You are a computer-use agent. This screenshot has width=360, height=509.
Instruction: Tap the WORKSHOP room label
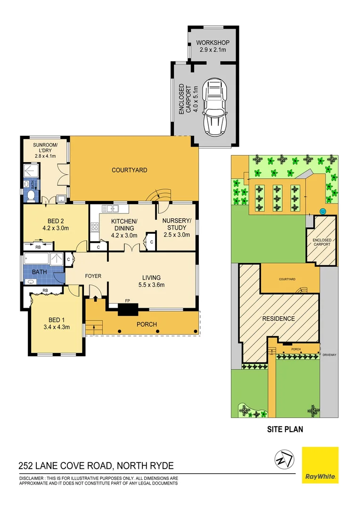tap(213, 43)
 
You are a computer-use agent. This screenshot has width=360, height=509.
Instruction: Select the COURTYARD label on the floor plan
tap(130, 170)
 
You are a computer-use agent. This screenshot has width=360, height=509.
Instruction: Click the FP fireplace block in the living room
tap(127, 309)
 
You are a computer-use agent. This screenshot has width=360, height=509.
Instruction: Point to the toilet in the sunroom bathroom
tap(32, 196)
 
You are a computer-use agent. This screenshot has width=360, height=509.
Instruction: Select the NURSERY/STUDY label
tap(177, 224)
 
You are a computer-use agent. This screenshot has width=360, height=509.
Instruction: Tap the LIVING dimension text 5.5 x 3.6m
tap(151, 285)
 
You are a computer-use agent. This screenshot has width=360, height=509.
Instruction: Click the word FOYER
tap(93, 276)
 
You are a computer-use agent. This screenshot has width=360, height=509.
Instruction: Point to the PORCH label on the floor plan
tap(147, 324)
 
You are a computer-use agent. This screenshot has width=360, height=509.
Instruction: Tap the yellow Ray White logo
tap(320, 465)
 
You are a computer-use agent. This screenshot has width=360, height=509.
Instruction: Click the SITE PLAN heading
tap(285, 429)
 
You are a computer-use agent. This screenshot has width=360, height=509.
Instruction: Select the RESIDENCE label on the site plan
tap(278, 319)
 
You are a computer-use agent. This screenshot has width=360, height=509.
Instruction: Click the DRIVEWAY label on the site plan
tap(328, 354)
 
